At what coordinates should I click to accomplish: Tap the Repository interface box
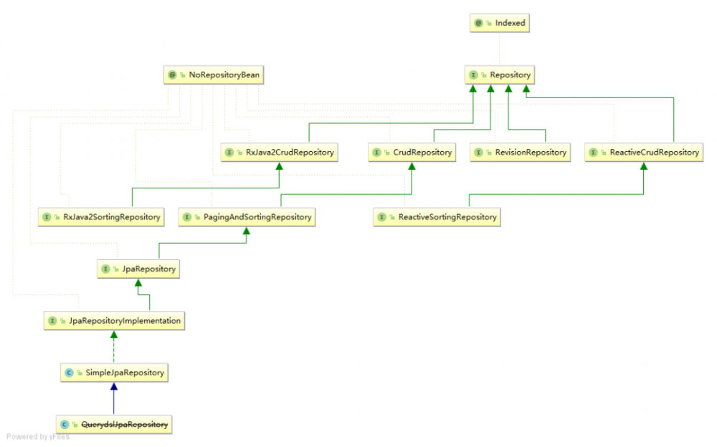coord(500,74)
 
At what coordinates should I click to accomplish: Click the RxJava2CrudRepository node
coord(279,153)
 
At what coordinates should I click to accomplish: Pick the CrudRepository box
coord(412,153)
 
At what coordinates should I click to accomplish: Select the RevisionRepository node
coord(521,153)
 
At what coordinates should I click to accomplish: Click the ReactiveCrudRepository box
coord(643,153)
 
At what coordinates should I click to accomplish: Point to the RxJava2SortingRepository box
coord(101,217)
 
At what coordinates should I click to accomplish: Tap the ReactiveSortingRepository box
coord(437,217)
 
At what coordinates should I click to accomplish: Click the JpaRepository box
coord(138,269)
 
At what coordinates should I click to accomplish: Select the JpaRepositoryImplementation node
coord(115,321)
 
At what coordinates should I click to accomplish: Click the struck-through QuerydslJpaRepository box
coord(115,425)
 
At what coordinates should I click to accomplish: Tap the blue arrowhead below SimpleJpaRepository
coord(113,387)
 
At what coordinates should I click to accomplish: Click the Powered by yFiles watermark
coord(38,437)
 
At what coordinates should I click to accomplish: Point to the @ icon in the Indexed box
coord(478,23)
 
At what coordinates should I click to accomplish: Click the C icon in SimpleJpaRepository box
coord(68,372)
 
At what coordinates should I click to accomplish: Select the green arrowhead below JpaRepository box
coord(138,284)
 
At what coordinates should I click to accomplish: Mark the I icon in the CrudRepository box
coord(376,153)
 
